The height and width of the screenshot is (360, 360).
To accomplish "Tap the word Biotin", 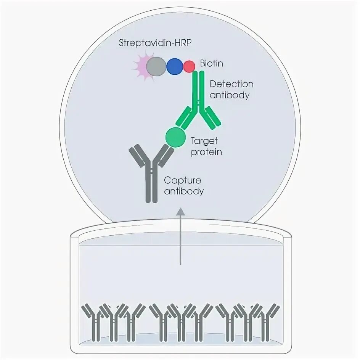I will point(211,64).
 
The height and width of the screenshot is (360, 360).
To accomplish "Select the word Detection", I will point(231,84).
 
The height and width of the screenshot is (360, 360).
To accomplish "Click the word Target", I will point(204,141).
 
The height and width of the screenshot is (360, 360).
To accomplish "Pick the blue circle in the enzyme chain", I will point(175,66).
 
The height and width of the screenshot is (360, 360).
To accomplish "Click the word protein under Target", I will point(206,152).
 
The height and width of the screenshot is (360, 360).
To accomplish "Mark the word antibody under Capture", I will point(183,191).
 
